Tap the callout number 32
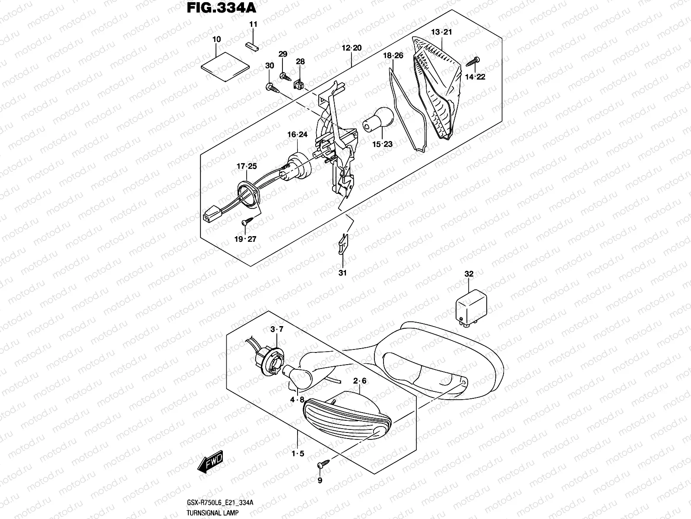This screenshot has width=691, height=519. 469,274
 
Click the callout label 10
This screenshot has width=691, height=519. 217,39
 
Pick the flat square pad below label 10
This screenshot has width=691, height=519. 226,65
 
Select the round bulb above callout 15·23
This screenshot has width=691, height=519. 379,120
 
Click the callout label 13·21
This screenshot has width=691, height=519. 441,32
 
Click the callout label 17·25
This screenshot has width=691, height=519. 246,167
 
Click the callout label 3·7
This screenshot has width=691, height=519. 277,330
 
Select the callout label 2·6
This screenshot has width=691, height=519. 359,381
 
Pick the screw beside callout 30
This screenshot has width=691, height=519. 272,88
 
